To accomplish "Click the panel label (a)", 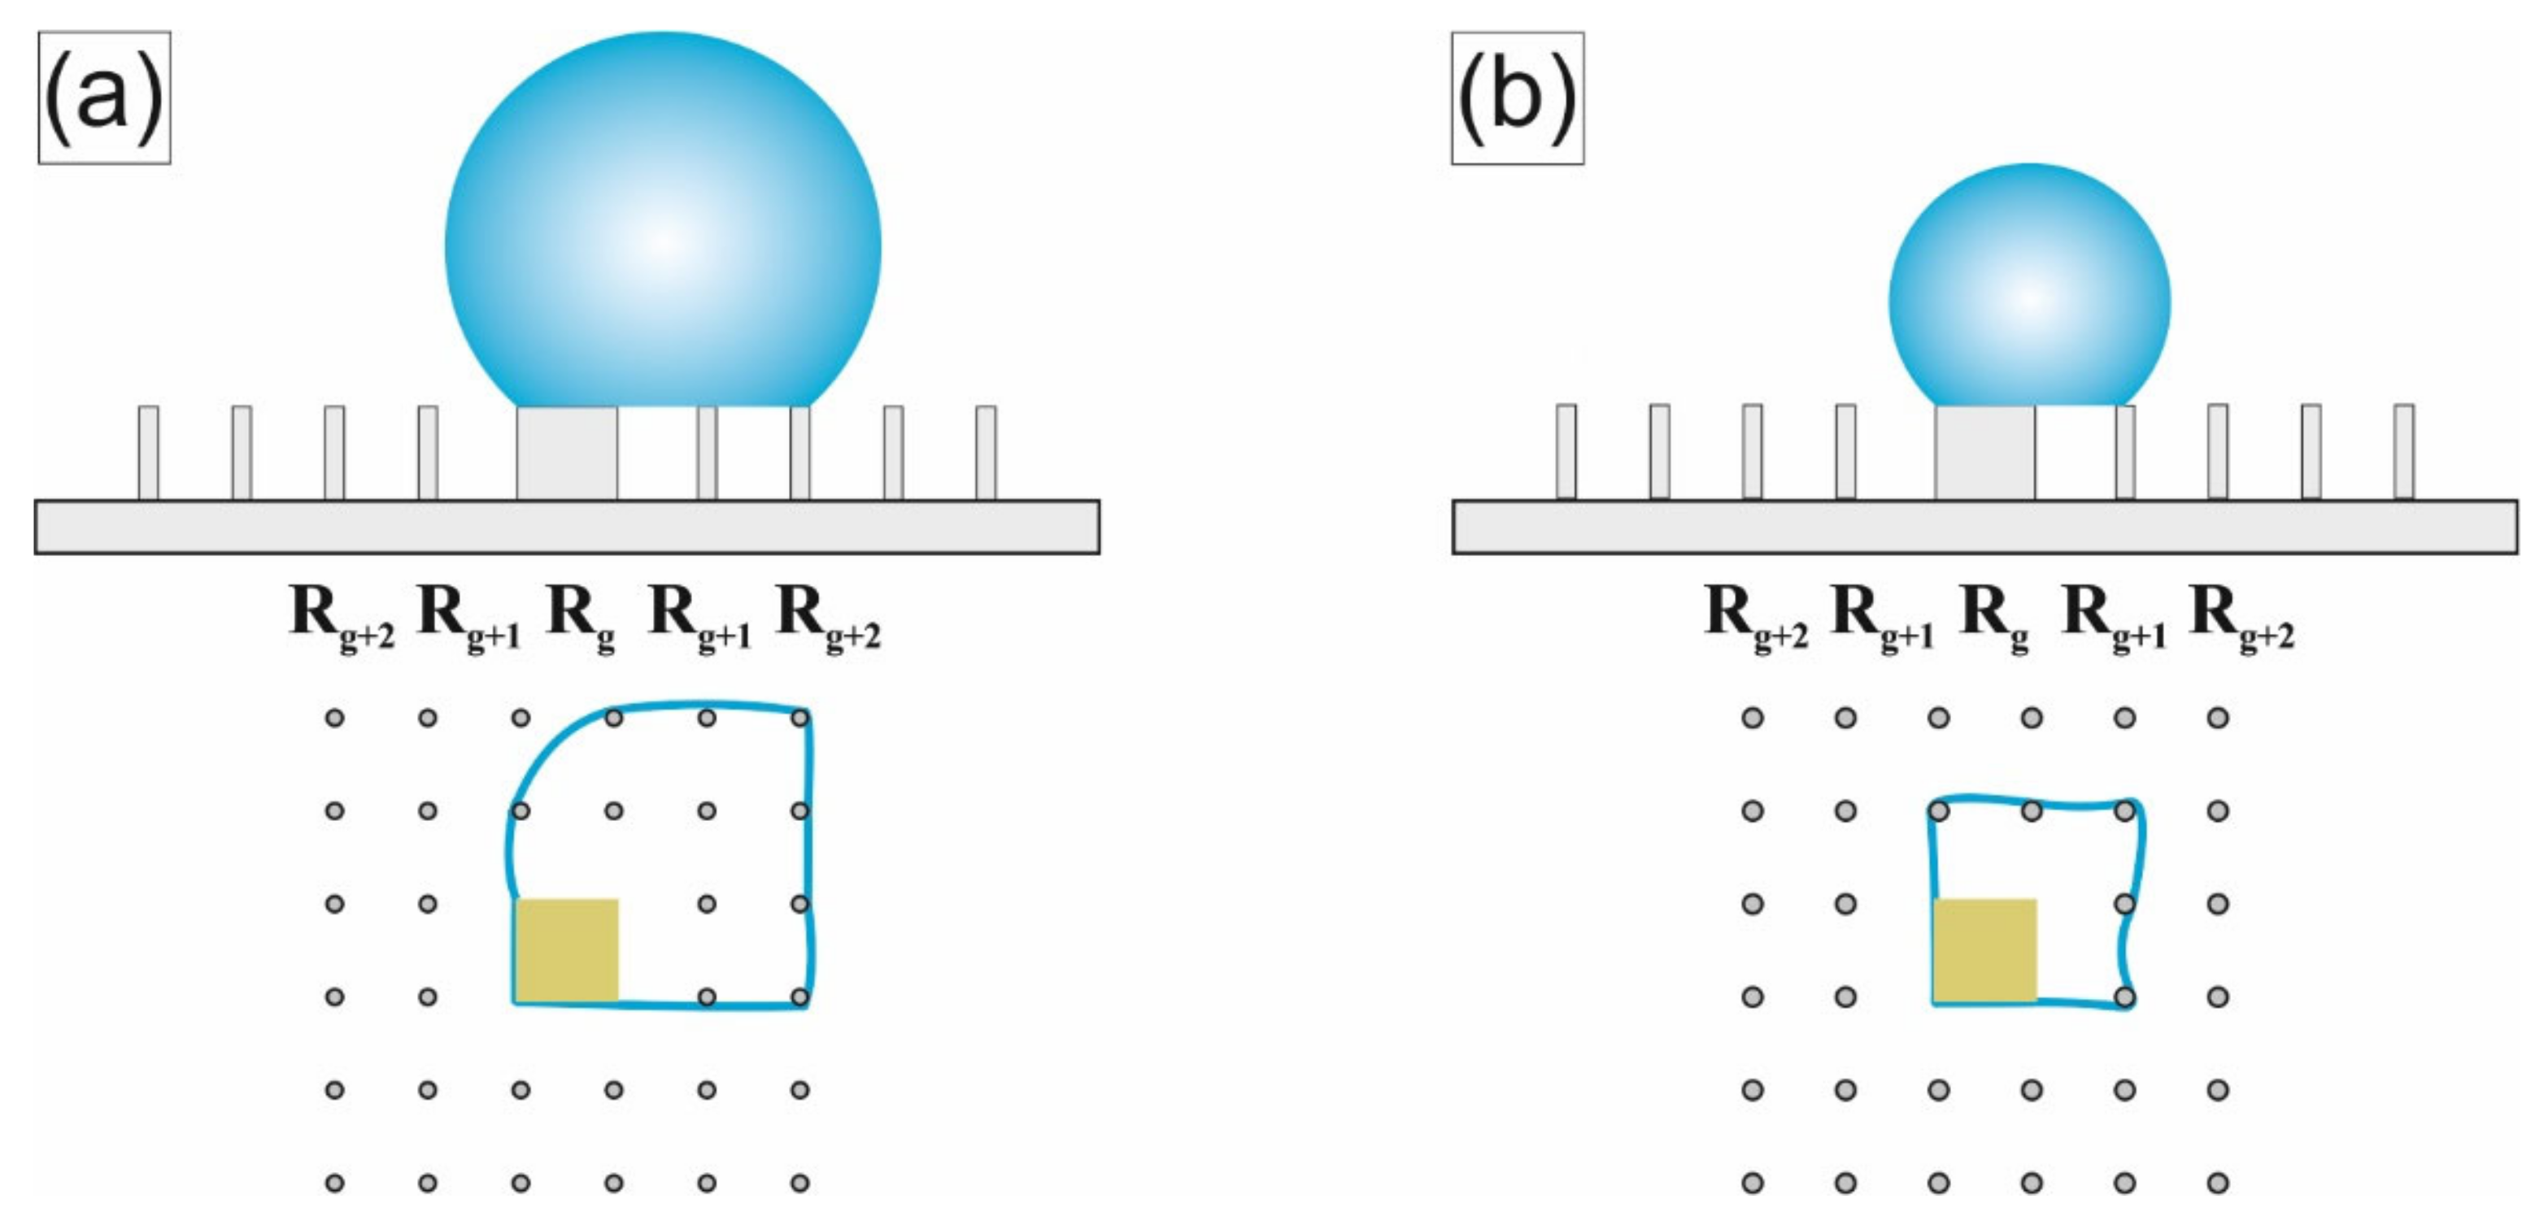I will (104, 98).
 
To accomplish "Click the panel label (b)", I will (1517, 98).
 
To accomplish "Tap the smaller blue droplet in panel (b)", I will (2029, 286).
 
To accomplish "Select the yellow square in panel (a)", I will (567, 949).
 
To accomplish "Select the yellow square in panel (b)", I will (1985, 949).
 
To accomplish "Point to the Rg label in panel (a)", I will (581, 617).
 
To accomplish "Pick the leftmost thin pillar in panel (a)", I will (148, 452).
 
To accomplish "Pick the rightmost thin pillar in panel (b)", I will (2404, 451).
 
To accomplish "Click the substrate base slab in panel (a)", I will (567, 528).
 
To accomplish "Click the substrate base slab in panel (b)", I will (1985, 528).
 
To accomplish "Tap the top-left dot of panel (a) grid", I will (335, 718).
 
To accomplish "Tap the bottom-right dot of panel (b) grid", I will (2218, 1182).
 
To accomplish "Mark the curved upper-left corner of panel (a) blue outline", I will (543, 755).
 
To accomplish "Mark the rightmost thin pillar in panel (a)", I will (986, 452).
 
